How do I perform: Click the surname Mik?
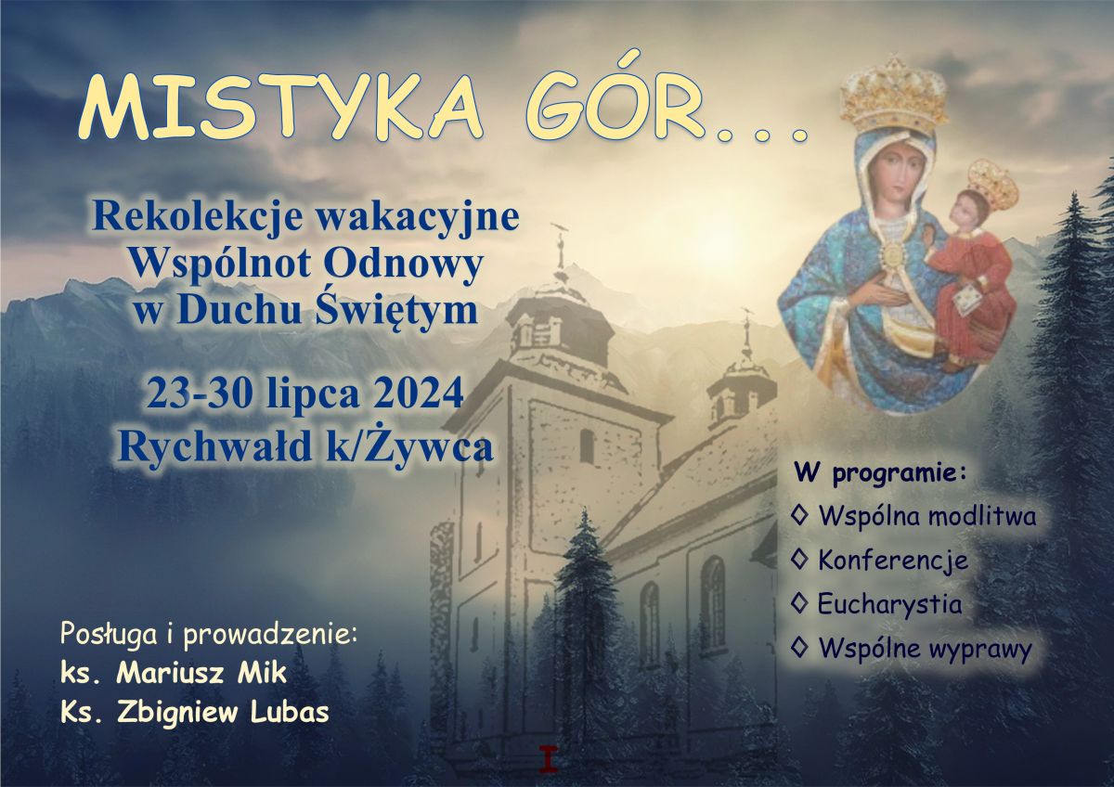tap(262, 674)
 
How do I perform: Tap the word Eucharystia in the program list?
tap(889, 605)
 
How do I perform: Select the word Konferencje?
tap(893, 561)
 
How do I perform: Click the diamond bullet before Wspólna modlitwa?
tap(799, 517)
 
